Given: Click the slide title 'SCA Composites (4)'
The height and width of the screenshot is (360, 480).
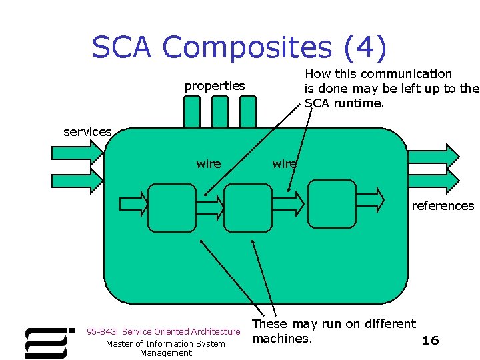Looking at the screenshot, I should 239,47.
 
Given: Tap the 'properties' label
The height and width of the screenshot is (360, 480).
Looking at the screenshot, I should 215,86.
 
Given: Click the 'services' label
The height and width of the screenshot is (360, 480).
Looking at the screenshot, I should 87,132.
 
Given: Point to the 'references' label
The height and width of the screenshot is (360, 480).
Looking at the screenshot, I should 443,205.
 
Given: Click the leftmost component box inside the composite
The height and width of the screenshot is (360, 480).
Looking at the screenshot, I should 171,207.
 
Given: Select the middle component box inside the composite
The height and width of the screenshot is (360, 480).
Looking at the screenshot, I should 248,207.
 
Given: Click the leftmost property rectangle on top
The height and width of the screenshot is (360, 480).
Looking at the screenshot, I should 192,111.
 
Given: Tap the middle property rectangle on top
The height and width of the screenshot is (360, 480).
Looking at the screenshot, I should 219,111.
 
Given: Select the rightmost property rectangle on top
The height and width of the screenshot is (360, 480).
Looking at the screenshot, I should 247,111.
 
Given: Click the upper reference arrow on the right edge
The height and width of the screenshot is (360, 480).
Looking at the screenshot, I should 434,153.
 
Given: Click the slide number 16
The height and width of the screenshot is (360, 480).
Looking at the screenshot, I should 431,341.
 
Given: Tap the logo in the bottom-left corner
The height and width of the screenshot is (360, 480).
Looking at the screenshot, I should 49,342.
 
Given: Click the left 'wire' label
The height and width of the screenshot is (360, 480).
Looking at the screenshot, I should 209,163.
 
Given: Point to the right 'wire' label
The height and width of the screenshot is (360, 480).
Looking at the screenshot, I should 285,163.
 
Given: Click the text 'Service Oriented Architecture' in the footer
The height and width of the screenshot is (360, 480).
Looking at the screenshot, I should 181,331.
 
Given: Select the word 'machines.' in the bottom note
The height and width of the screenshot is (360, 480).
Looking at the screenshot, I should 282,339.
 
